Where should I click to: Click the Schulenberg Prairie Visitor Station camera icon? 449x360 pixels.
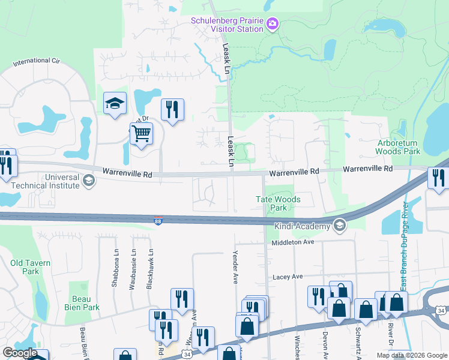pos(273,24)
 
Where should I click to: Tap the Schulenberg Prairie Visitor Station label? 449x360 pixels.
pos(227,24)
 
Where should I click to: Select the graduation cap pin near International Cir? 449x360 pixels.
pos(113,103)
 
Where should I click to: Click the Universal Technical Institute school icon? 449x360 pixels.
pos(88,181)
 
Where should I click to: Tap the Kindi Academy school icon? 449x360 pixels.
pos(340,226)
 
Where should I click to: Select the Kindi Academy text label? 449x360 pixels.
pos(303,226)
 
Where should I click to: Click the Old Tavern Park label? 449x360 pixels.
pos(30,267)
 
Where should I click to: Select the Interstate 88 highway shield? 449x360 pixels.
pos(158,221)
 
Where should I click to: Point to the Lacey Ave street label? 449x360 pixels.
pos(288,277)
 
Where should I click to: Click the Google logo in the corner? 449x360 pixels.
pos(20,353)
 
